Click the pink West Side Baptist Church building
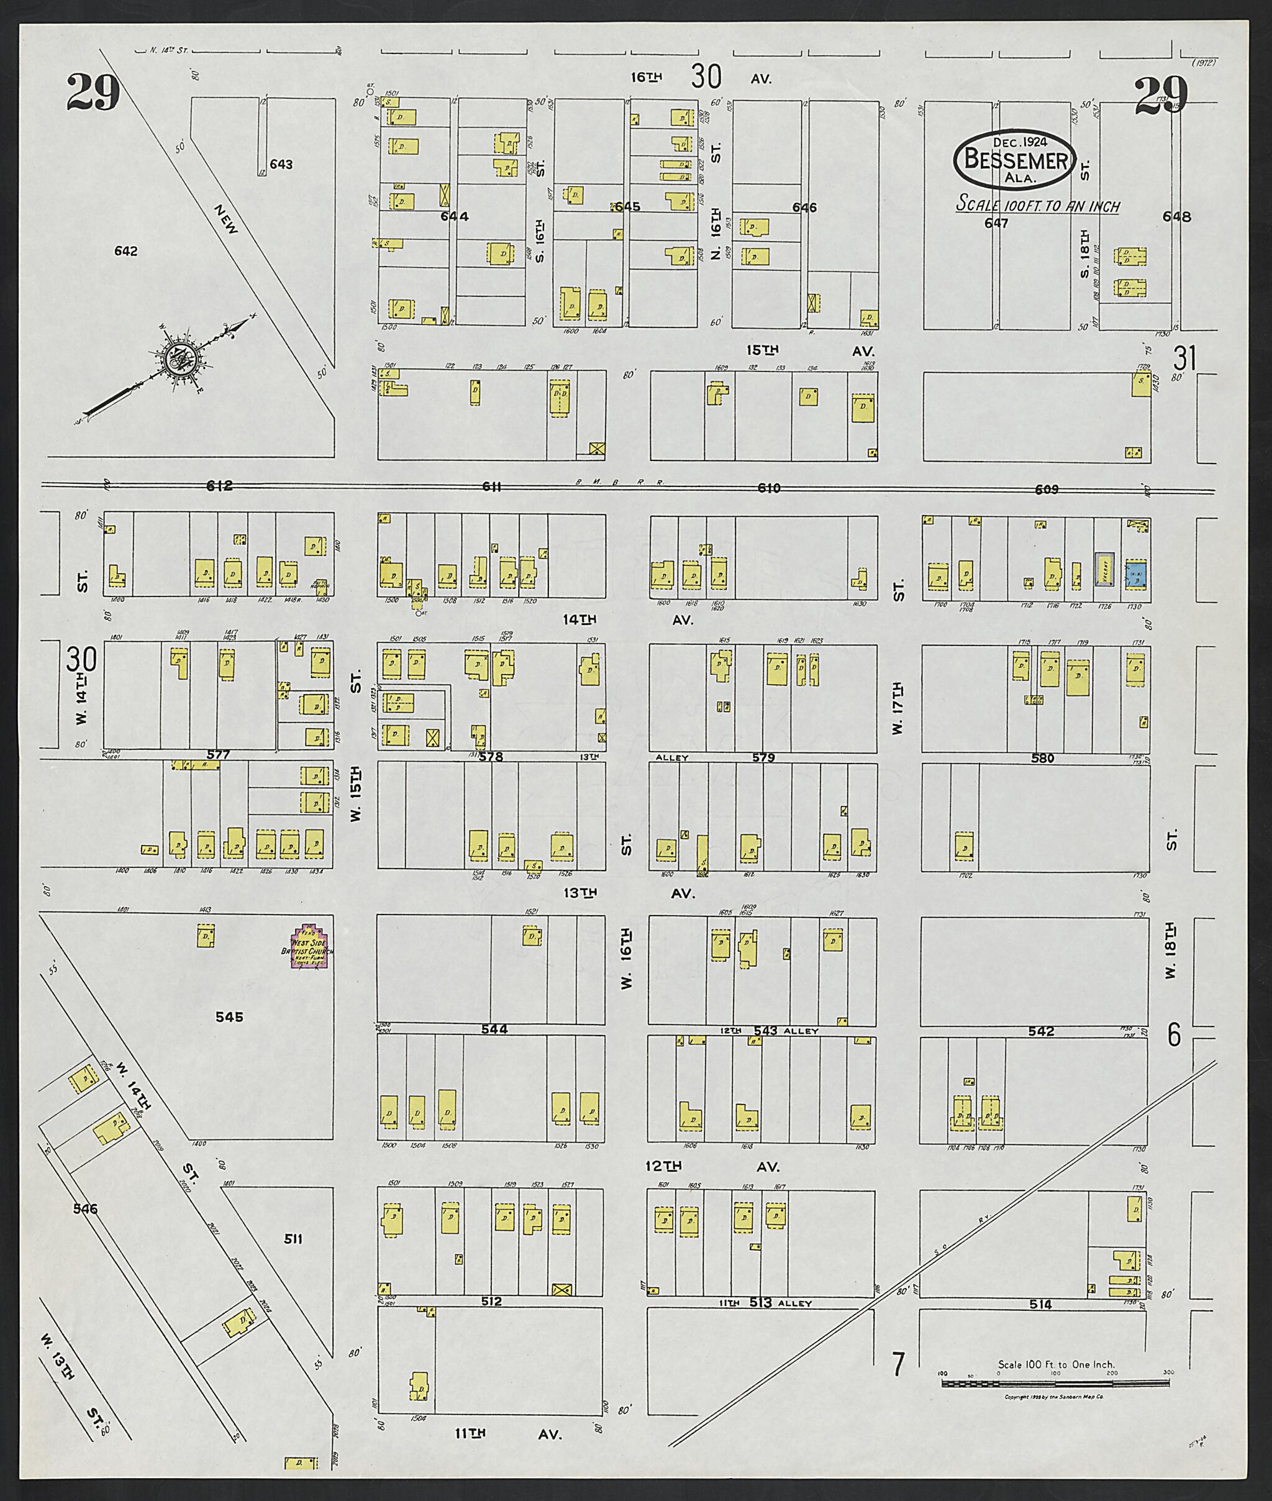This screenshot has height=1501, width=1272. (311, 947)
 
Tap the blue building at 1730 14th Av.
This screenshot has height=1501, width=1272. (1136, 575)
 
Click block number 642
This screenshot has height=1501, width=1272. (125, 251)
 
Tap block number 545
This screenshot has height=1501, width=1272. (229, 1017)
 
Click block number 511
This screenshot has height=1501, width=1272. (293, 1239)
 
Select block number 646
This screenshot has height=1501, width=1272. (804, 208)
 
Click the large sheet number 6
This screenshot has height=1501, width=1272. (1174, 1036)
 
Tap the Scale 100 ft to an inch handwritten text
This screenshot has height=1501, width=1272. (1038, 205)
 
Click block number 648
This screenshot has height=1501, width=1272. (1177, 216)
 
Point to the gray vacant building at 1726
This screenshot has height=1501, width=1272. (1105, 569)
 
